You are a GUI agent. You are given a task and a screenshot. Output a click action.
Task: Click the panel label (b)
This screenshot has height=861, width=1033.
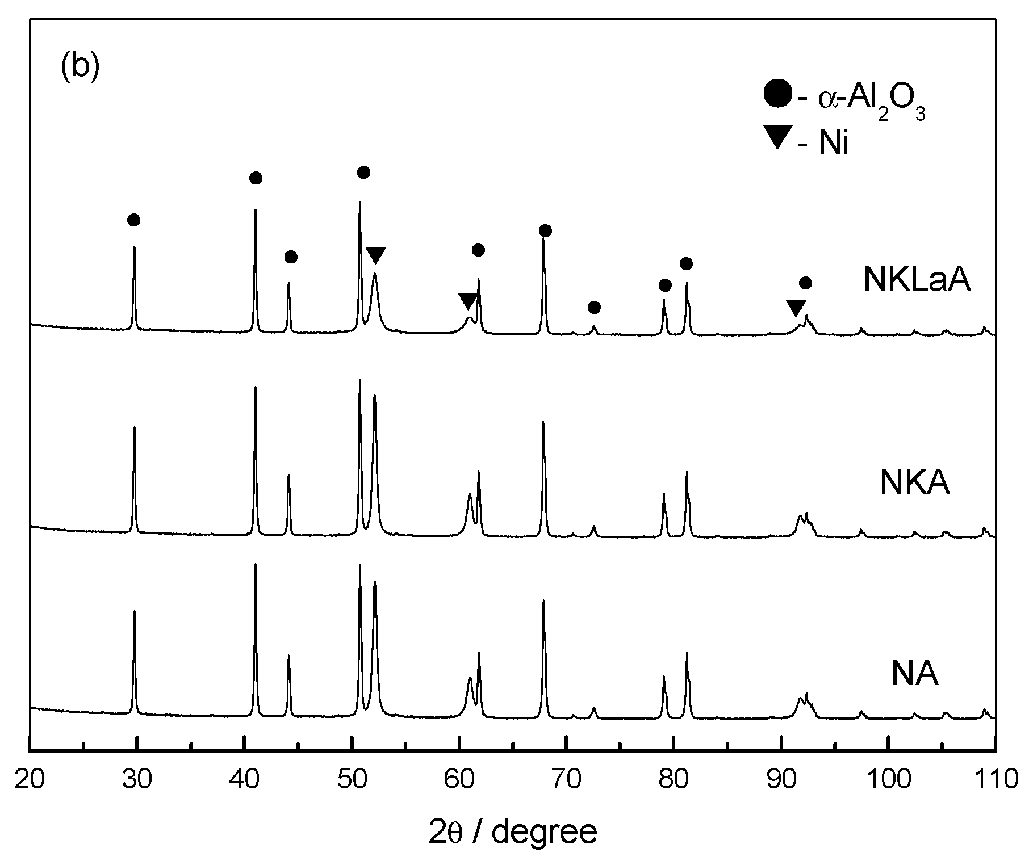[x=80, y=67]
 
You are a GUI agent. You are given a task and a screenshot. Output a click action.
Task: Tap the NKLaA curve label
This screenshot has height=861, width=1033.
[x=917, y=280]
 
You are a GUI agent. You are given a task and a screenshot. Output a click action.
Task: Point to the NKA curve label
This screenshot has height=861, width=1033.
[x=914, y=482]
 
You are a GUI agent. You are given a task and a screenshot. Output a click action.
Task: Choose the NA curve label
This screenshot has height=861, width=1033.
[x=914, y=674]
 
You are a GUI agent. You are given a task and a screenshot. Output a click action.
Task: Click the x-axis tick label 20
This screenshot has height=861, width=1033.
[x=29, y=779]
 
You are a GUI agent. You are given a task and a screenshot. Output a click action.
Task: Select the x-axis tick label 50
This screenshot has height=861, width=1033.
[x=352, y=779]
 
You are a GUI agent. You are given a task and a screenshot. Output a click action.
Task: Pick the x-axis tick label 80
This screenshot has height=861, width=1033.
[x=674, y=779]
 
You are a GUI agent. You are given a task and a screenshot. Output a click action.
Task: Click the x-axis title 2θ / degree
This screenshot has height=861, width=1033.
[x=513, y=832]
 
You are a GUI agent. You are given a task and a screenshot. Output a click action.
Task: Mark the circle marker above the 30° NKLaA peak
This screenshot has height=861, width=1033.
[x=133, y=220]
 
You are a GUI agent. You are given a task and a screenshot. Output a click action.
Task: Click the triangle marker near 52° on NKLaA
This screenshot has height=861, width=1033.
[x=375, y=255]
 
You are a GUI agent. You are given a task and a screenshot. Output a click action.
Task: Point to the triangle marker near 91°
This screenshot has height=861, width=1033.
[x=796, y=308]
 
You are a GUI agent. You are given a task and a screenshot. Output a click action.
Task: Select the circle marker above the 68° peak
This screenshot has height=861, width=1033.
[x=545, y=230]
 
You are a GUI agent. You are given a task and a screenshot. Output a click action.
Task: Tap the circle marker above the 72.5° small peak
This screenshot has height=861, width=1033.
[x=594, y=308]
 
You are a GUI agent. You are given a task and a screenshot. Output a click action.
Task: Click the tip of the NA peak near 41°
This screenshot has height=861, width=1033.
[x=255, y=564]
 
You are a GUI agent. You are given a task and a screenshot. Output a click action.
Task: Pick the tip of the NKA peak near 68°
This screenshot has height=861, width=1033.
[x=543, y=422]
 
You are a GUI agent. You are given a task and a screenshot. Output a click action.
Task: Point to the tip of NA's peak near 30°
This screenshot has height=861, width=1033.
[x=134, y=611]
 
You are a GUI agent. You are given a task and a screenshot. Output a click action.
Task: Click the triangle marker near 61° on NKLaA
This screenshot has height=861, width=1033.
[x=468, y=301]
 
